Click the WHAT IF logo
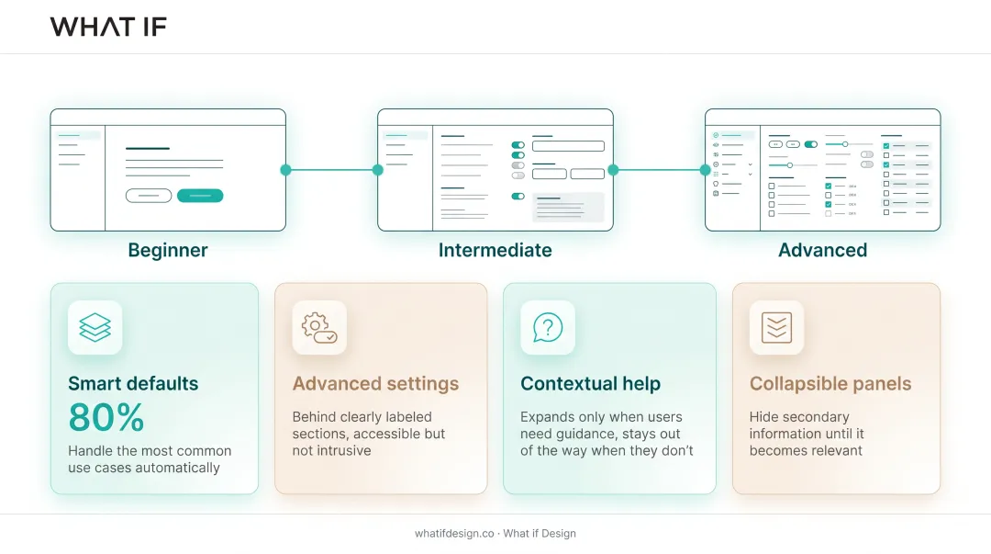pyautogui.click(x=108, y=27)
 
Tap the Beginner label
pyautogui.click(x=168, y=250)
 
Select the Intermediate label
pyautogui.click(x=495, y=250)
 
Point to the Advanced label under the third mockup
pyautogui.click(x=822, y=250)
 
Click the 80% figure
pyautogui.click(x=106, y=417)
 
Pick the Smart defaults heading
pyautogui.click(x=133, y=383)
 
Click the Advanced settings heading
pyautogui.click(x=375, y=383)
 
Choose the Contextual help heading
pyautogui.click(x=590, y=383)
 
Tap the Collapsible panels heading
pyautogui.click(x=830, y=383)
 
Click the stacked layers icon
pyautogui.click(x=95, y=327)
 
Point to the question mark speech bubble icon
pyautogui.click(x=548, y=327)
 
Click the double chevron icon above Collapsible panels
pyautogui.click(x=777, y=327)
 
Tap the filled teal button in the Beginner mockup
pyautogui.click(x=200, y=196)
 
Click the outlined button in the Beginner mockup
pyautogui.click(x=149, y=196)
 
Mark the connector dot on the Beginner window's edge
pyautogui.click(x=285, y=170)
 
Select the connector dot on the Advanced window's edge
pyautogui.click(x=706, y=170)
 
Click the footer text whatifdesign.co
pyautogui.click(x=454, y=533)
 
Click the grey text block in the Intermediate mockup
pyautogui.click(x=568, y=207)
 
